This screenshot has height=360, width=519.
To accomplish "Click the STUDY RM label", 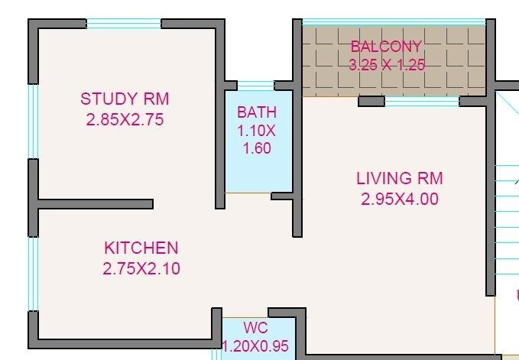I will coord(125,99).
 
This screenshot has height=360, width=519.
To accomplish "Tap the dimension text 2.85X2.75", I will coord(125,119).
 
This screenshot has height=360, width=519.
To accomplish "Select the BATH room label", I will coord(257,113).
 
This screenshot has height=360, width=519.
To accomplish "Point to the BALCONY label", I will coord(386,47).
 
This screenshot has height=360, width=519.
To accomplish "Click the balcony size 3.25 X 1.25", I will coord(386,65).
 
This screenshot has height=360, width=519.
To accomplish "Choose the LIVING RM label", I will coord(399,179).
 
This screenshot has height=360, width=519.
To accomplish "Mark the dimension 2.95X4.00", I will coord(399,199).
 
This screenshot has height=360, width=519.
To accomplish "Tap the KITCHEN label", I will coord(141,248).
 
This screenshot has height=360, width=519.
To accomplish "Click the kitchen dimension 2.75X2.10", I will coord(141,268).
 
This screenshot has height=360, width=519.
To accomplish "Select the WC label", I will coord(256,329).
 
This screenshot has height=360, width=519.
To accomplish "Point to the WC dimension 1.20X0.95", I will coord(256,346).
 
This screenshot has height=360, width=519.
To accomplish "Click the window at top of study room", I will coord(124,24).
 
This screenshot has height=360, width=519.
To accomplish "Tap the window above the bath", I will coord(256,85).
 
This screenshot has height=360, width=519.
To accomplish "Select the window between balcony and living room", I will coord(421,101).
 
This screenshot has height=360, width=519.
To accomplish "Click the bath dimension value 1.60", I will coord(257,148).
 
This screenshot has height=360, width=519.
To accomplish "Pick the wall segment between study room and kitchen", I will coord(96,204).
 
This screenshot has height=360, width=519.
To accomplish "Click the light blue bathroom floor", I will coord(257,172).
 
